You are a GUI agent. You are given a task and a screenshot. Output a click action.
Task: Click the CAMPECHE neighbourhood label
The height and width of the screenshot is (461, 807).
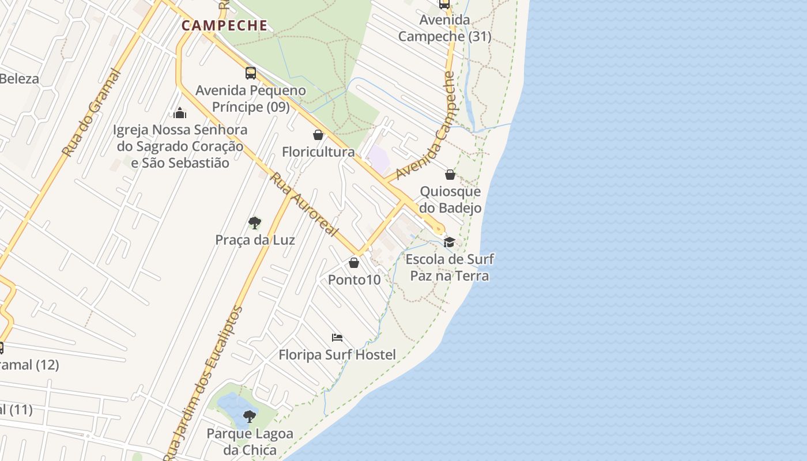tap(225, 25)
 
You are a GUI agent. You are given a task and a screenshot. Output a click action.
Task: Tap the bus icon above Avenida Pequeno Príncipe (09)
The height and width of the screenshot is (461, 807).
tap(250, 73)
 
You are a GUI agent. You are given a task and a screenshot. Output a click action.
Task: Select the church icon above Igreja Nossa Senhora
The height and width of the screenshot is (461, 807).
tap(180, 112)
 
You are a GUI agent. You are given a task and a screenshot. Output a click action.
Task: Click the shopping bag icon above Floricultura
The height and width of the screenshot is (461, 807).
tap(318, 135)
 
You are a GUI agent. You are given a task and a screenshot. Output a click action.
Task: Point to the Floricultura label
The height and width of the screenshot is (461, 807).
tap(318, 152)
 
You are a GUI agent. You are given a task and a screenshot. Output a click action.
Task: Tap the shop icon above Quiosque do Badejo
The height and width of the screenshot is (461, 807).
tap(450, 175)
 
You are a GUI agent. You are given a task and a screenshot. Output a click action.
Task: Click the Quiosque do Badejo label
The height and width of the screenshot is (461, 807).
tap(450, 199)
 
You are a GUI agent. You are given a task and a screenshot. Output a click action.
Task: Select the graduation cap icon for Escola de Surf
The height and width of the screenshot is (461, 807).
tap(449, 242)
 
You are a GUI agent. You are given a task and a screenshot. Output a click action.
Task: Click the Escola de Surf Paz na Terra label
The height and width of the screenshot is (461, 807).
tap(450, 267)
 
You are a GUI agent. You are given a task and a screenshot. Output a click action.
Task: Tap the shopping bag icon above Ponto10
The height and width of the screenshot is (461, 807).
tap(354, 263)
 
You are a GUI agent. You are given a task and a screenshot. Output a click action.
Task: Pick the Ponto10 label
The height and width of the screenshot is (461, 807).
tap(355, 280)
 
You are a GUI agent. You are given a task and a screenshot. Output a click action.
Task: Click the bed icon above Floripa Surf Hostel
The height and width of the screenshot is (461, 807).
tap(337, 338)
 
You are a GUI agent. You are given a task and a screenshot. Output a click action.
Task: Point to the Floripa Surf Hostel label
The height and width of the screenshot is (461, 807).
tap(337, 355)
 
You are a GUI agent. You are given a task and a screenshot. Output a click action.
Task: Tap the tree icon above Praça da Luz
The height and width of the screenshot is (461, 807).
tap(254, 223)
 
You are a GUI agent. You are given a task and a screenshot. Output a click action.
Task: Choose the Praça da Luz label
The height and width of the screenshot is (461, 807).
tap(255, 240)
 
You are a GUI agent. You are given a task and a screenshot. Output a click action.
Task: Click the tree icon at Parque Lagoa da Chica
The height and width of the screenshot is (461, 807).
tap(250, 416)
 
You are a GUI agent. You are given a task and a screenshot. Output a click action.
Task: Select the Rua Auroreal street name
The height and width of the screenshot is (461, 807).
tap(304, 205)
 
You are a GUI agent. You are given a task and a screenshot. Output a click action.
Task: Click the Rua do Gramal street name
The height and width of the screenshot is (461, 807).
tap(92, 113)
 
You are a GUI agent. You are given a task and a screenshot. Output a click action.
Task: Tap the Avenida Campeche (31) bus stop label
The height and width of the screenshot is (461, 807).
tap(445, 28)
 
